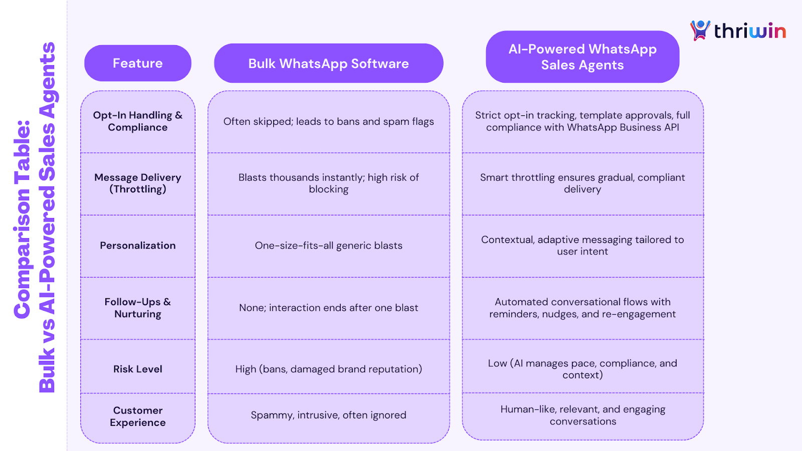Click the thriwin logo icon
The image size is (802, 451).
click(x=700, y=30)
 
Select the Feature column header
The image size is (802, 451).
click(x=138, y=63)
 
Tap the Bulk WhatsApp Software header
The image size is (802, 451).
click(x=328, y=64)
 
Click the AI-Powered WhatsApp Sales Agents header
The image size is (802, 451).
click(x=582, y=57)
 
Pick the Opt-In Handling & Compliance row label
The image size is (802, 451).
click(x=138, y=121)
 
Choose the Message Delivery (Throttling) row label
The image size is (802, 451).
click(x=138, y=183)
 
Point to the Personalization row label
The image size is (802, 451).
click(x=138, y=246)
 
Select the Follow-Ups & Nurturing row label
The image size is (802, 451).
click(x=138, y=308)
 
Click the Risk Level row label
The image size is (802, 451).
click(x=138, y=369)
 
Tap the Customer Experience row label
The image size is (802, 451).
click(x=138, y=416)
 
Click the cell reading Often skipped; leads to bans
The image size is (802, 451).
click(x=328, y=122)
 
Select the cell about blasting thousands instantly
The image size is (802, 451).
click(x=328, y=183)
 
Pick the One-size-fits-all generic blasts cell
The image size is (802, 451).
click(x=328, y=246)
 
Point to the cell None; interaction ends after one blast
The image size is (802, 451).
click(x=328, y=308)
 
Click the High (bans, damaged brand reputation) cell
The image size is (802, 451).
click(x=328, y=369)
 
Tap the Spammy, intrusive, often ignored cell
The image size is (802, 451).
click(x=328, y=415)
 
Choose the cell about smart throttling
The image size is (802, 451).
click(x=582, y=183)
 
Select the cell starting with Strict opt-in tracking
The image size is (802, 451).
click(x=582, y=121)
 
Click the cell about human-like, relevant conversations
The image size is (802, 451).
click(x=582, y=415)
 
